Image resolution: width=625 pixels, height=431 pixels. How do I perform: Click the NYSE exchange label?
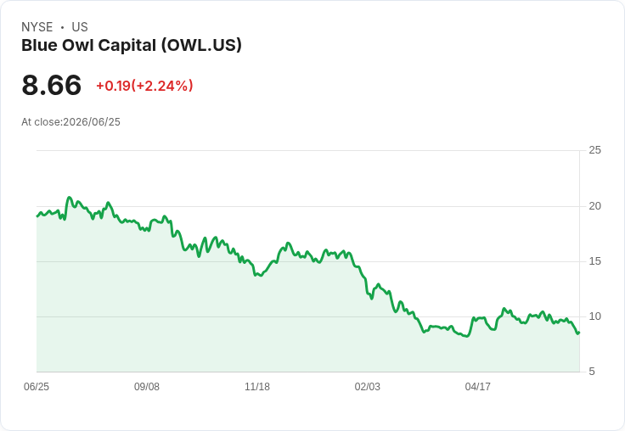37,27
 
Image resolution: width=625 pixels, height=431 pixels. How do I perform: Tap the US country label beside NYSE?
80,27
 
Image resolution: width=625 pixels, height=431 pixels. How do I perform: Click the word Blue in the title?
39,45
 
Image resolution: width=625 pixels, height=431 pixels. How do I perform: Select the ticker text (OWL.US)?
201,45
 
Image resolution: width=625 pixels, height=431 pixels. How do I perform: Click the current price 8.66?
52,85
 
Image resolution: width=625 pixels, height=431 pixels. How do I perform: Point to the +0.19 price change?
114,86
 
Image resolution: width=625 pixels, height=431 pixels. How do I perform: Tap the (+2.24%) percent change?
162,86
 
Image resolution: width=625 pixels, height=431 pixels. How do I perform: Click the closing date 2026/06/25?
92,122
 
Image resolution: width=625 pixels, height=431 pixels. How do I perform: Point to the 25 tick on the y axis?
594,150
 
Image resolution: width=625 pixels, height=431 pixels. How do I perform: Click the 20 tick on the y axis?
594,206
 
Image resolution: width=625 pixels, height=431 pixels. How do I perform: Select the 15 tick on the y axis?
594,261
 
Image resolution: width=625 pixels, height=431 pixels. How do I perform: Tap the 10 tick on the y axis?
594,316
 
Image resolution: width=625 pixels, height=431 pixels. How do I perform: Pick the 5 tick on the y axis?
592,372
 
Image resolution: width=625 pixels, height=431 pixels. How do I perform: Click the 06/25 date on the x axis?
37,386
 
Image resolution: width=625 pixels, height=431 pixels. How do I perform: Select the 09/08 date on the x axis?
147,386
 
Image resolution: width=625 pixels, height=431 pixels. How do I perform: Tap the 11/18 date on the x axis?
257,386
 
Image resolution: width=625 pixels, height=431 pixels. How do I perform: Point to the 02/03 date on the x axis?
368,386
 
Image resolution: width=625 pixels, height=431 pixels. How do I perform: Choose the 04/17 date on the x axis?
477,386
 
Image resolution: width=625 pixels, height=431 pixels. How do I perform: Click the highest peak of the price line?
69,197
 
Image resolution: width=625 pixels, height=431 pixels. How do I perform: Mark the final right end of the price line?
579,333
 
